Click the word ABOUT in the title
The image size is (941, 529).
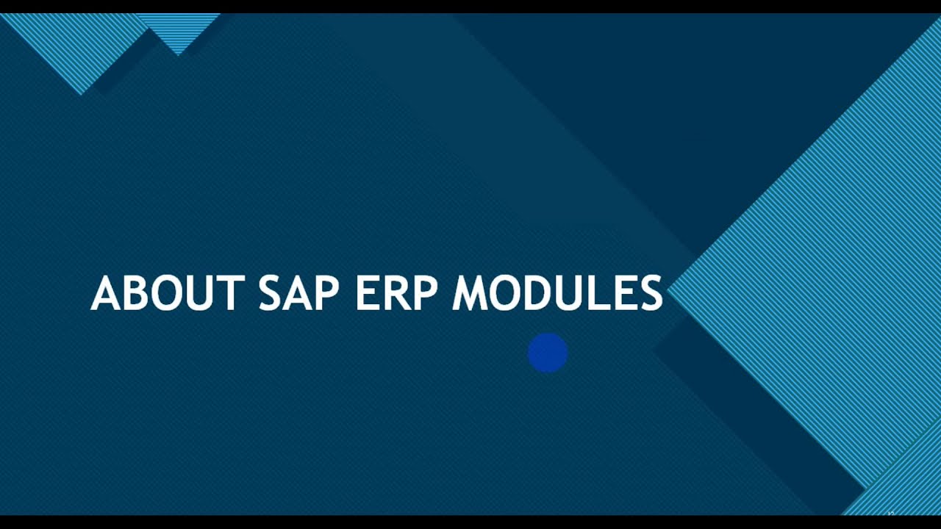[167, 293]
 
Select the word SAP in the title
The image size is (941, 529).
[298, 293]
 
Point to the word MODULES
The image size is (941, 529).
[557, 293]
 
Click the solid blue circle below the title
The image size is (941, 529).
[548, 353]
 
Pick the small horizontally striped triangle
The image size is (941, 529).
[178, 29]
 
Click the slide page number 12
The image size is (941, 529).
[890, 514]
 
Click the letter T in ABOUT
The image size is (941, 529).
[231, 293]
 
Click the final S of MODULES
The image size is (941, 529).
[651, 293]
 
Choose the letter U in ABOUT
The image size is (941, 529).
[200, 293]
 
